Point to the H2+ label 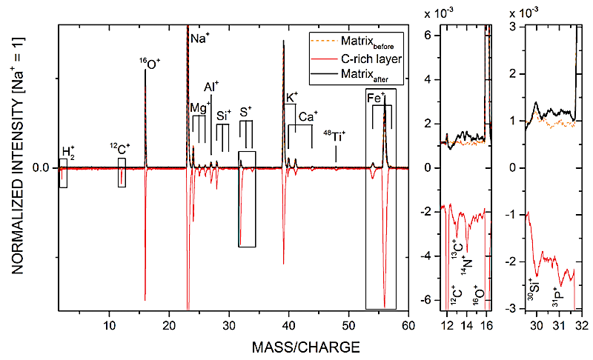[68, 153]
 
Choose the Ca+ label [308, 116]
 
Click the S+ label [245, 111]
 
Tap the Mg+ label [199, 107]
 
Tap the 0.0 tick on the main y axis [41, 168]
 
